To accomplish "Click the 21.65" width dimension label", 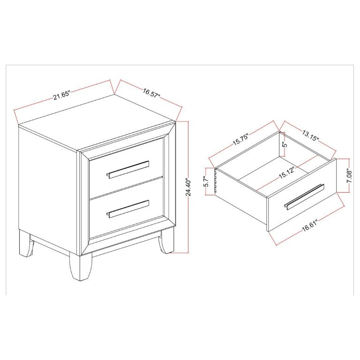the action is [x=61, y=95].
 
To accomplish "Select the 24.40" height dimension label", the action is [x=188, y=187].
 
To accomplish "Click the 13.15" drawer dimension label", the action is [x=310, y=136].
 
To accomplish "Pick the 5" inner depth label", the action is [x=285, y=144].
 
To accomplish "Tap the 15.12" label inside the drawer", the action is [x=286, y=173].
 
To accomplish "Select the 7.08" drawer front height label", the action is [x=349, y=176].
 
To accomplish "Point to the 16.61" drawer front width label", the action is [x=310, y=225].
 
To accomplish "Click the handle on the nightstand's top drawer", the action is [x=127, y=169].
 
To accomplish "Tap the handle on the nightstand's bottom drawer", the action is [x=127, y=209].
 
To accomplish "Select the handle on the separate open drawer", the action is [x=304, y=197].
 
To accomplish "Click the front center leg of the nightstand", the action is [x=80, y=266].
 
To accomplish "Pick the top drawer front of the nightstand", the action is [x=127, y=168].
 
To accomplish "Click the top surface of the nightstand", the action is [x=97, y=123].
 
